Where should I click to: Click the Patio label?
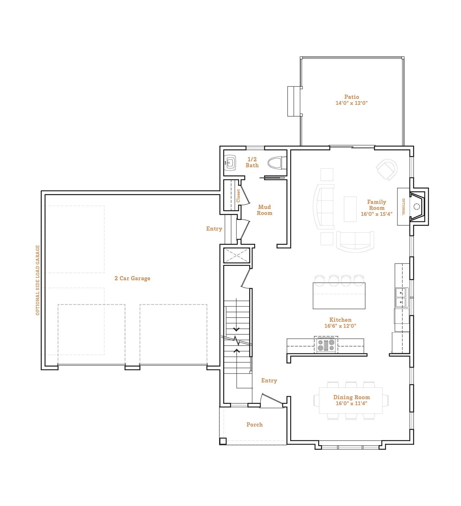click(x=351, y=97)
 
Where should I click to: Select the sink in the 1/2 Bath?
click(x=230, y=163)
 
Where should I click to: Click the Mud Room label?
click(x=265, y=210)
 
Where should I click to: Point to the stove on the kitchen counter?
click(x=326, y=345)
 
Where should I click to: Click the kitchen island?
click(x=339, y=295)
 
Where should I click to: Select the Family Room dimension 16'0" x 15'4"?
click(x=376, y=214)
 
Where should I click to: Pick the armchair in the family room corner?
click(x=387, y=170)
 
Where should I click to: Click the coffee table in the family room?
click(x=350, y=209)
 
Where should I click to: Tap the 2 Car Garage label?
click(x=132, y=278)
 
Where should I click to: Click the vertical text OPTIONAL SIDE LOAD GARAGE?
click(x=38, y=280)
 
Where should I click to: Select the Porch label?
click(x=255, y=425)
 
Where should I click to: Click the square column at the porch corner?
click(x=223, y=441)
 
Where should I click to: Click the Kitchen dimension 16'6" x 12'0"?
click(x=340, y=326)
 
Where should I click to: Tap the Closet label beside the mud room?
click(x=238, y=196)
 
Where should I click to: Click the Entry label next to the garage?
click(x=214, y=229)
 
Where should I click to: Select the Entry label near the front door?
click(x=269, y=380)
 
